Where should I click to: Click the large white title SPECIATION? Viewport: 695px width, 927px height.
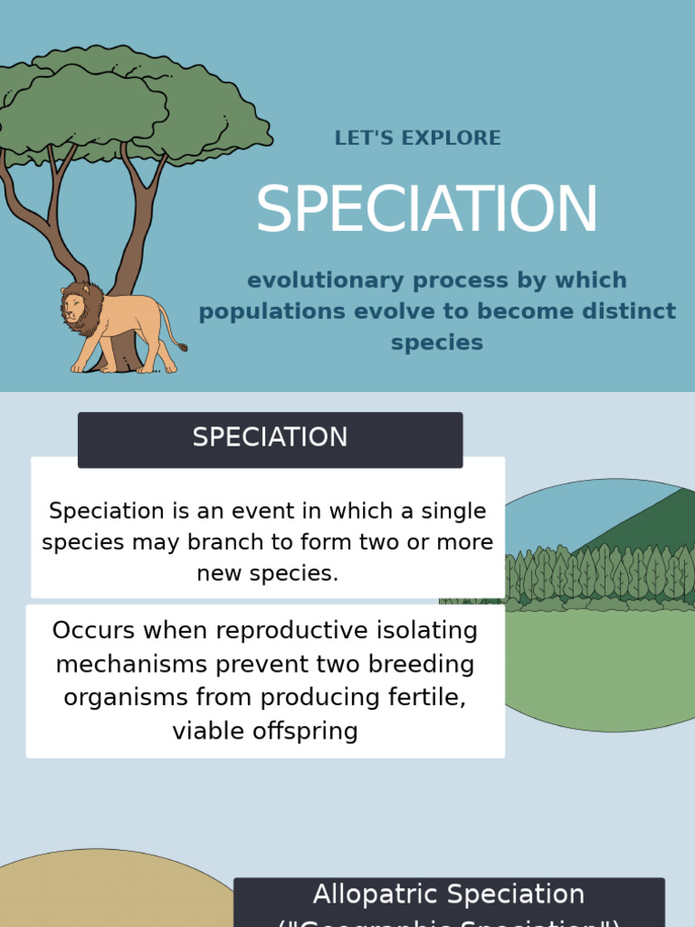coord(426,210)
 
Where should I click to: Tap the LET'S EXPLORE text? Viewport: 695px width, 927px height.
coord(417,139)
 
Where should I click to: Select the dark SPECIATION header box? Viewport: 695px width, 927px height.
coord(270,439)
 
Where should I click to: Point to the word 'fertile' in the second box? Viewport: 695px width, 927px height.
coord(426,698)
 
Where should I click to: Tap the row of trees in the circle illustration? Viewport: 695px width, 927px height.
coord(597,575)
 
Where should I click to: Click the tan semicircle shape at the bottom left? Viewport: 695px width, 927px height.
coord(90,892)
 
